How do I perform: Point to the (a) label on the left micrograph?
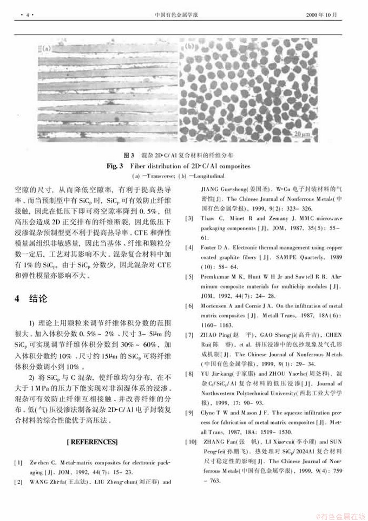pyautogui.click(x=47, y=48)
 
